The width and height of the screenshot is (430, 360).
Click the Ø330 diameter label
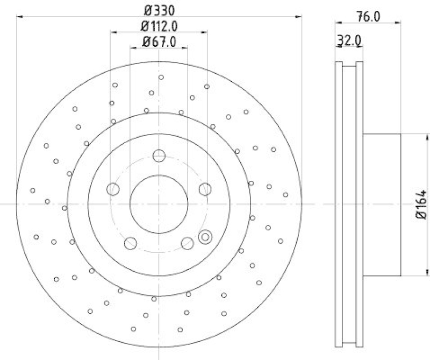(159, 10)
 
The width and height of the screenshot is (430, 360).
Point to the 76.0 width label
(369, 16)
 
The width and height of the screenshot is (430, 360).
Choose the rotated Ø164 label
(422, 204)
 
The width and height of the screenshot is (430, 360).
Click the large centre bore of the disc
(159, 204)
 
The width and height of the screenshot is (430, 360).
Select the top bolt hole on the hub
(159, 156)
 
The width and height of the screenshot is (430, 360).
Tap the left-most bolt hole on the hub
(113, 189)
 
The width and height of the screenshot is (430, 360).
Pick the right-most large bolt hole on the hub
(204, 189)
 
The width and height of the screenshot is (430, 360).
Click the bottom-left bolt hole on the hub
(130, 243)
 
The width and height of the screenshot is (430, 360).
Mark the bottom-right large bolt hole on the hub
(187, 243)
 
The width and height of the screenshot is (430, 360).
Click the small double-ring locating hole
(205, 236)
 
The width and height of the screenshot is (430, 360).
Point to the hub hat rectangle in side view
(382, 204)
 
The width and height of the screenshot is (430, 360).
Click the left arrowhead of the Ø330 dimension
(20, 17)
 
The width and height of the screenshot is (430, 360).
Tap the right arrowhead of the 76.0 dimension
(399, 23)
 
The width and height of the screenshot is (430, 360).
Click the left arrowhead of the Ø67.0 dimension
(132, 48)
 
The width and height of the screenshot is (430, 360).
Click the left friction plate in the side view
(339, 204)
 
